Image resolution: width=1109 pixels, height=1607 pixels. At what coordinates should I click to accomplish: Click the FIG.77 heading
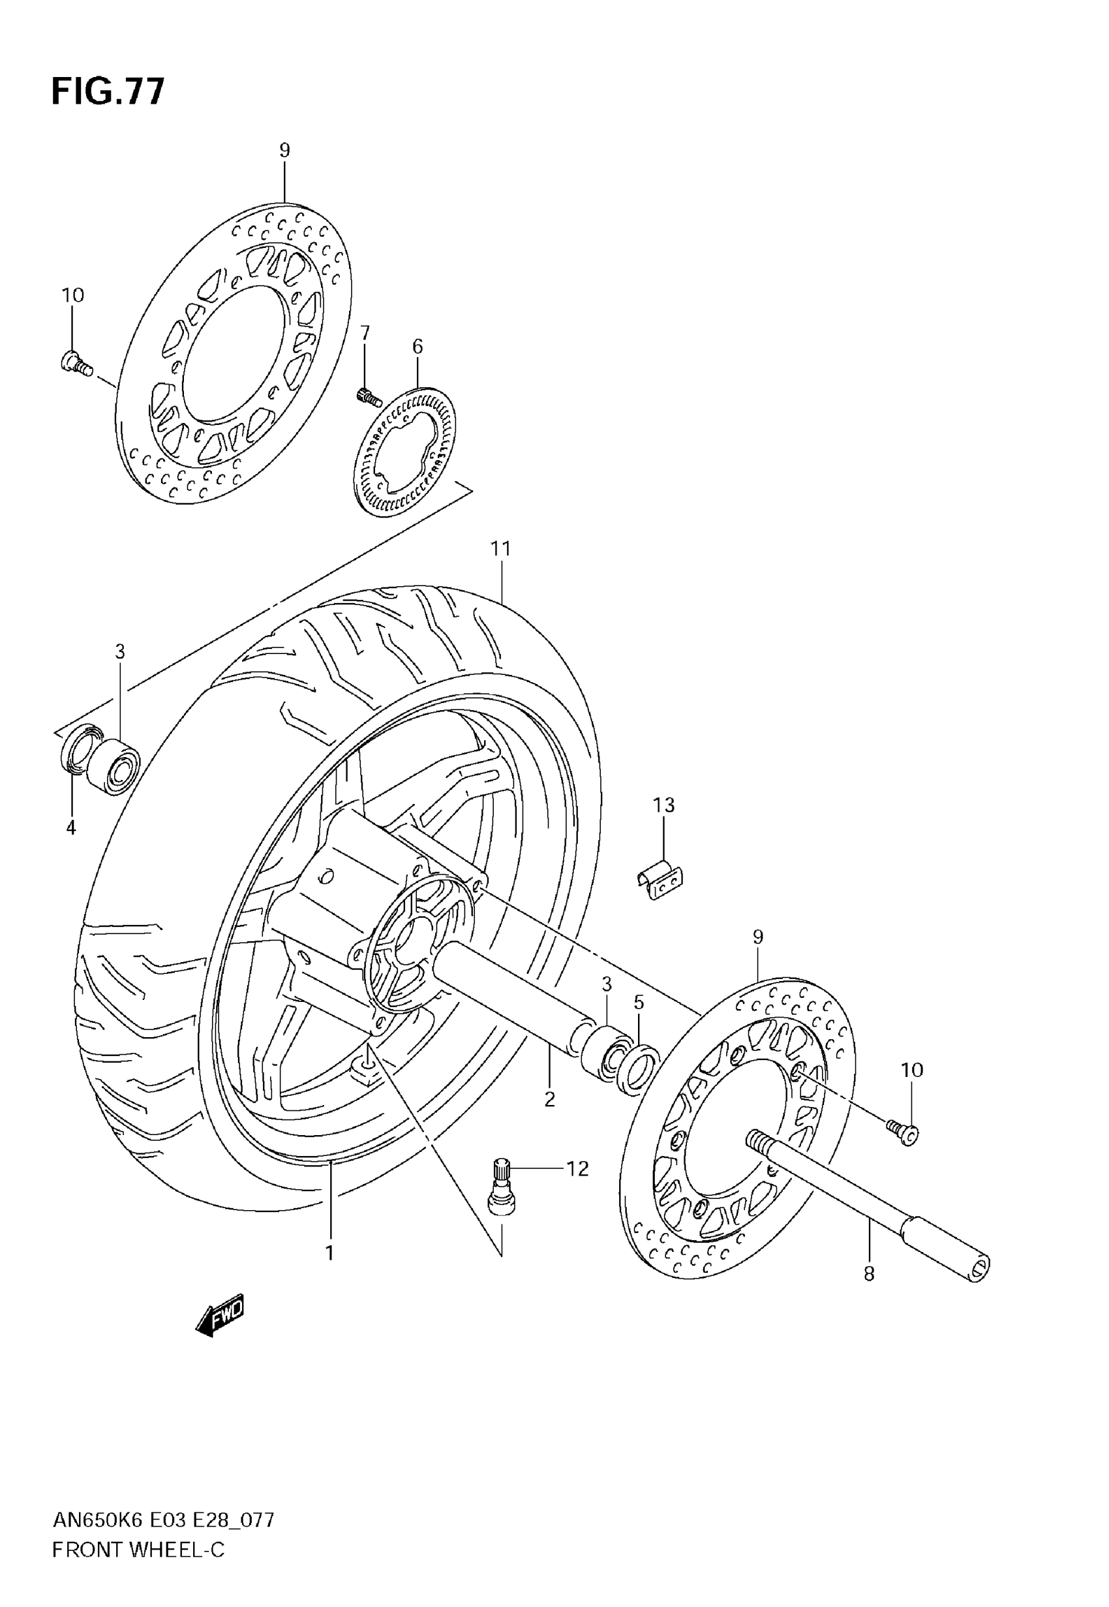click(108, 91)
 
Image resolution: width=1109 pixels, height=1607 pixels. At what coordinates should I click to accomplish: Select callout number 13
click(663, 805)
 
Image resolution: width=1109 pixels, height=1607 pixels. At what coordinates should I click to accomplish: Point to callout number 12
click(577, 1169)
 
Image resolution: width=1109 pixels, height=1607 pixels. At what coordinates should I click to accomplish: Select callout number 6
click(417, 346)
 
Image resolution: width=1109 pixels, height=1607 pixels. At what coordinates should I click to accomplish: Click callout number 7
click(365, 333)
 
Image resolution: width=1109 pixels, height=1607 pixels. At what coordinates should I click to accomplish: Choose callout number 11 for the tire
click(500, 548)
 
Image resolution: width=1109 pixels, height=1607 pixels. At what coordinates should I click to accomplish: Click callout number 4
click(71, 828)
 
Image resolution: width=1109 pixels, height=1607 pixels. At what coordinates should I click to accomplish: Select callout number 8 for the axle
click(868, 1274)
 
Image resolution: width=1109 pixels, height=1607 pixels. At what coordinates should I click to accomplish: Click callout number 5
click(639, 1003)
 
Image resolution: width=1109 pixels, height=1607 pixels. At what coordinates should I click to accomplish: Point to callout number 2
click(550, 1100)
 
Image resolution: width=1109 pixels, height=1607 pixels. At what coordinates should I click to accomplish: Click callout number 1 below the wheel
click(329, 1253)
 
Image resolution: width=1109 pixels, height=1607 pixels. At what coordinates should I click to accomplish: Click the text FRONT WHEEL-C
click(138, 1550)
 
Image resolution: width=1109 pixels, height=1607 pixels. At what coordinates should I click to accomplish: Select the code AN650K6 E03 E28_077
click(163, 1520)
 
